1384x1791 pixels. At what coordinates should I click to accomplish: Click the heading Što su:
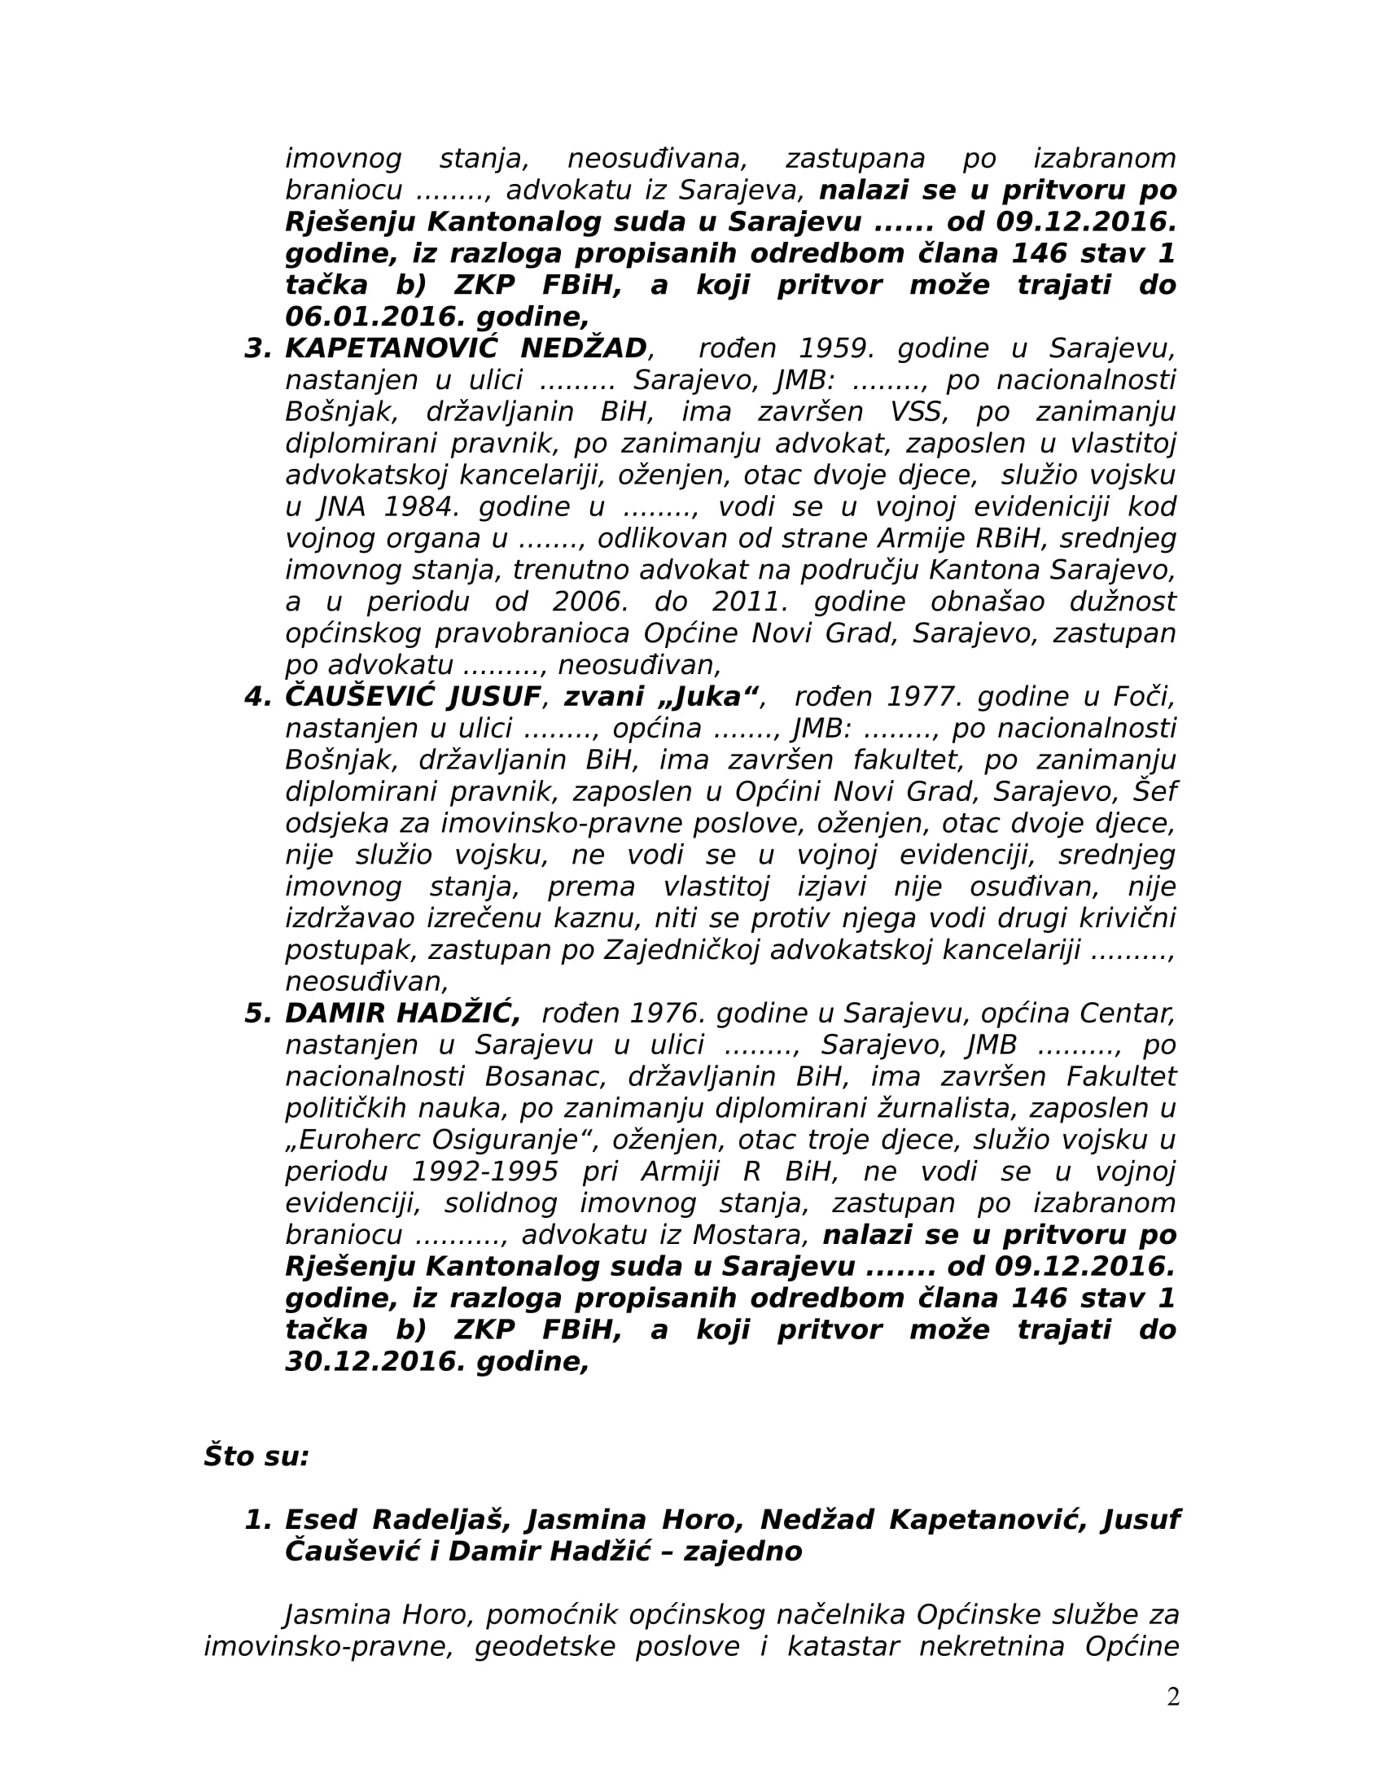point(256,1456)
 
